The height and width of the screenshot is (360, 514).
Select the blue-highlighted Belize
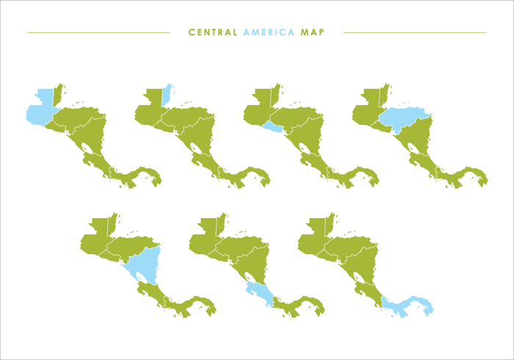166,96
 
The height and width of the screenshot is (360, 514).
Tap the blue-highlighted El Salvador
272,129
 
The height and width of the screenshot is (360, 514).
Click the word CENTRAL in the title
213,32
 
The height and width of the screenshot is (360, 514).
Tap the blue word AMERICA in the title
269,32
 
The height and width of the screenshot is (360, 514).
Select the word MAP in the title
312,32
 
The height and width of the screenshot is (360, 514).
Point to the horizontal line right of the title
414,32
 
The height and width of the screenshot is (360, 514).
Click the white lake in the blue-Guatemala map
87,148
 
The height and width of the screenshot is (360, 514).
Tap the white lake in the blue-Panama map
358,276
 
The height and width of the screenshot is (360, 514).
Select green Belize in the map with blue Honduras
383,96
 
